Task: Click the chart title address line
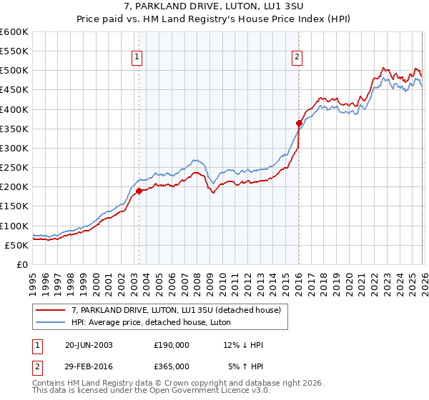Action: [214, 7]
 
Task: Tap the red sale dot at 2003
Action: [139, 191]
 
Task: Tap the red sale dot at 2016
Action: [299, 123]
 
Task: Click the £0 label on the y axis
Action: [21, 264]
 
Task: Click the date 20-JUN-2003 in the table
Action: [89, 346]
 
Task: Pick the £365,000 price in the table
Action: [172, 366]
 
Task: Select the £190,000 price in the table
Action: [172, 346]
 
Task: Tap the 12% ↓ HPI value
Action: [243, 346]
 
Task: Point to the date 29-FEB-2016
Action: [89, 366]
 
